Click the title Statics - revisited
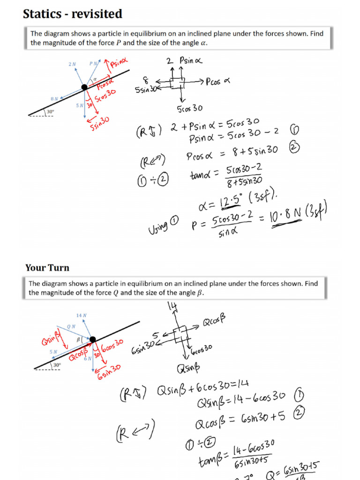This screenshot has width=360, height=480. click(x=73, y=14)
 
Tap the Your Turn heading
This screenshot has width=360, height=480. click(x=47, y=268)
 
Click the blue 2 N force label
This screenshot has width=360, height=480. click(x=72, y=64)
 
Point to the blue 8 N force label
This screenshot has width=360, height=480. click(x=54, y=99)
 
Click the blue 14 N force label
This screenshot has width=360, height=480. click(x=81, y=315)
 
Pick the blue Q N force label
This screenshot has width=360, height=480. click(x=71, y=326)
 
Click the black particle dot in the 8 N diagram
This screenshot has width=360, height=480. click(x=84, y=87)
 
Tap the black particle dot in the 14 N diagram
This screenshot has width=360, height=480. click(x=93, y=339)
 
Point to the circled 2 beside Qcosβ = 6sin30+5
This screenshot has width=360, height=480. click(x=300, y=413)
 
